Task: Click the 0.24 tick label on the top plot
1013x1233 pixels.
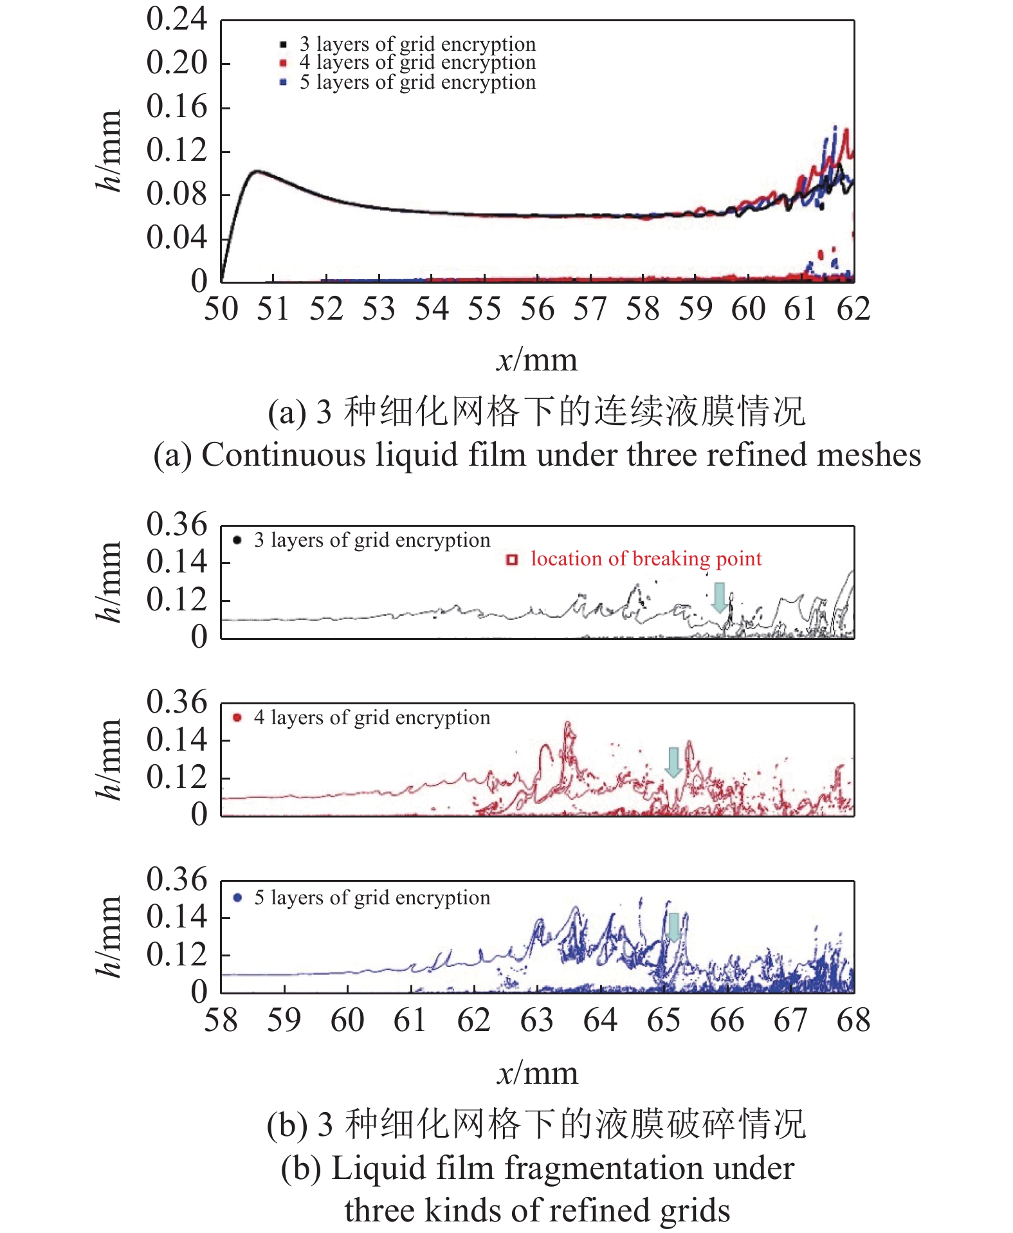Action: point(176,19)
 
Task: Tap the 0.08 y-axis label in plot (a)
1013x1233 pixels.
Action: point(176,194)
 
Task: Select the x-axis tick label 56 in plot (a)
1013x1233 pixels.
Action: point(537,309)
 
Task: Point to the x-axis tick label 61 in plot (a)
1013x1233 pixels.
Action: point(801,309)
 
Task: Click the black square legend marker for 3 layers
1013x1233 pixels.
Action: point(283,44)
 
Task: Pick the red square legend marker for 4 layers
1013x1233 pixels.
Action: point(283,63)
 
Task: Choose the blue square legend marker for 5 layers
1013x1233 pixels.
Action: point(283,82)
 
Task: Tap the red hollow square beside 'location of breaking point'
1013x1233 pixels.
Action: point(512,560)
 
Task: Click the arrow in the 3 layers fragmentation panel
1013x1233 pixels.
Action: point(720,598)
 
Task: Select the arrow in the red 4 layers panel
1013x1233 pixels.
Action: point(673,762)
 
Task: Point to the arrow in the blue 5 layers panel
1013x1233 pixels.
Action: point(673,927)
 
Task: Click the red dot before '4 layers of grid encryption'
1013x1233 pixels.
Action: point(237,717)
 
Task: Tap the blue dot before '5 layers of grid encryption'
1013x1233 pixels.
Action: point(237,897)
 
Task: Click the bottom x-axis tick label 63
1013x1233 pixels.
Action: point(537,1021)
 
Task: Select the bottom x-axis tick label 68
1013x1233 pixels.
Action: point(853,1021)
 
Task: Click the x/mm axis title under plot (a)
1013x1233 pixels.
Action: point(537,360)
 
